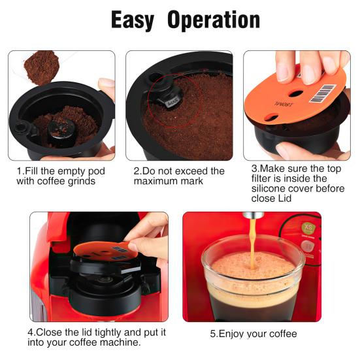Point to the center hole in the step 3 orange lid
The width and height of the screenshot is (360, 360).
point(293,93)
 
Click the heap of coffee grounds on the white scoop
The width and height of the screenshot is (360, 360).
point(41,67)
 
